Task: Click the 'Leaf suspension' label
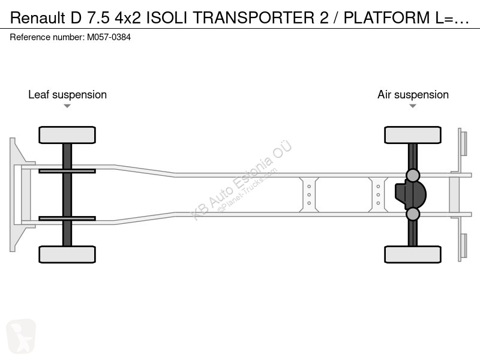pyautogui.click(x=67, y=95)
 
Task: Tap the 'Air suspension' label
pyautogui.click(x=413, y=95)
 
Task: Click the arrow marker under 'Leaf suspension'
pyautogui.click(x=67, y=106)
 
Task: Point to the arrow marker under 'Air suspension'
pyautogui.click(x=413, y=106)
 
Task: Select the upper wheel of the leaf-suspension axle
pyautogui.click(x=67, y=135)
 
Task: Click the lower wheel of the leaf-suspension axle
pyautogui.click(x=67, y=254)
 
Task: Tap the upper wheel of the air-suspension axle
pyautogui.click(x=413, y=135)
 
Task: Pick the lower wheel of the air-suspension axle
pyautogui.click(x=413, y=254)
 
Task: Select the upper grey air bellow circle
pyautogui.click(x=413, y=175)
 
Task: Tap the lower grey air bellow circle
pyautogui.click(x=413, y=214)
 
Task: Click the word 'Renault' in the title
pyautogui.click(x=38, y=18)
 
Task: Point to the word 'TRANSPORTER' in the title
pyautogui.click(x=253, y=18)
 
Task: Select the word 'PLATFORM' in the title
pyautogui.click(x=386, y=18)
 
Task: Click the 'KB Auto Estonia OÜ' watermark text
pyautogui.click(x=241, y=180)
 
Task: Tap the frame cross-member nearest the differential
pyautogui.click(x=378, y=194)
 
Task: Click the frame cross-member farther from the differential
pyautogui.click(x=309, y=194)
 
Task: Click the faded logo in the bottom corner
pyautogui.click(x=21, y=336)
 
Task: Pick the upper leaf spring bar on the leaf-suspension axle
pyautogui.click(x=67, y=171)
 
